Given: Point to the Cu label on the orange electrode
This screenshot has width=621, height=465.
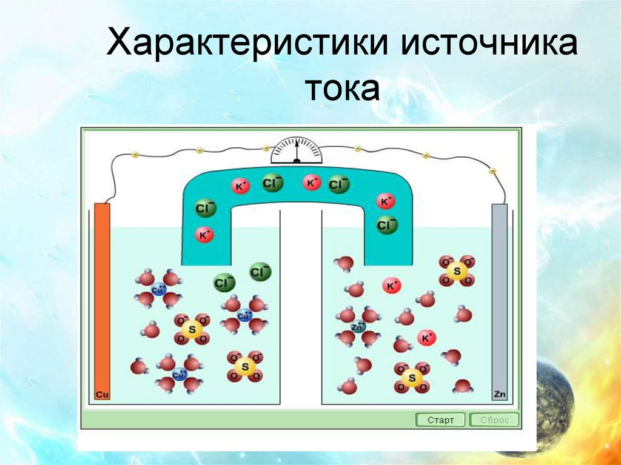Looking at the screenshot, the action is [102, 395].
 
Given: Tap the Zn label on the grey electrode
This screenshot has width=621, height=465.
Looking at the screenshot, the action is [499, 395].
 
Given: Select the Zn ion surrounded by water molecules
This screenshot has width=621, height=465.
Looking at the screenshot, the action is [358, 327].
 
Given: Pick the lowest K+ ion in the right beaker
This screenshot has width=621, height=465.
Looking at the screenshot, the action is [428, 338].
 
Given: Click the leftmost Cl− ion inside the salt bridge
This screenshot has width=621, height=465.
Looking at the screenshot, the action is [206, 209].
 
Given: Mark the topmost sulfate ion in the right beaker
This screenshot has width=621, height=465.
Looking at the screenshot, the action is [457, 270].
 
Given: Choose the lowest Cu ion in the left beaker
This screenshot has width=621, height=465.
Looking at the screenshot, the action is [178, 375].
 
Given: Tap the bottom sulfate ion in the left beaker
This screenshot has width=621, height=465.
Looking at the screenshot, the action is [245, 366].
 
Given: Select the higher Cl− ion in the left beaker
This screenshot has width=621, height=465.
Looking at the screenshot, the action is [261, 272].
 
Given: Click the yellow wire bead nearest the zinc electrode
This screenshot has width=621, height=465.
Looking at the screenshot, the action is [492, 172].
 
